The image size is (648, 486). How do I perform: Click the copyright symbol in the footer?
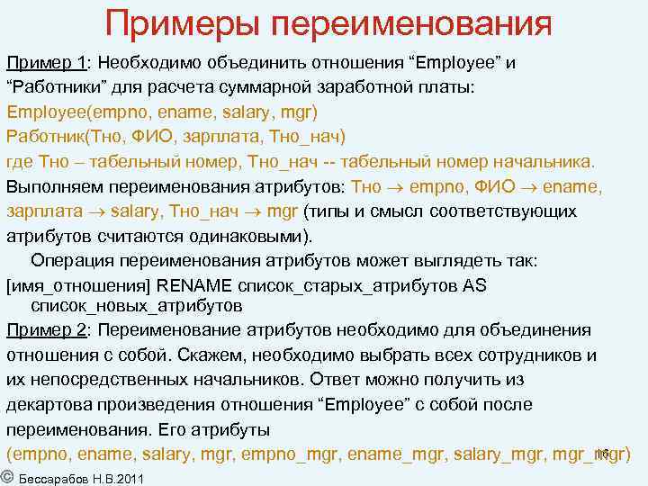pyautogui.click(x=6, y=475)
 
